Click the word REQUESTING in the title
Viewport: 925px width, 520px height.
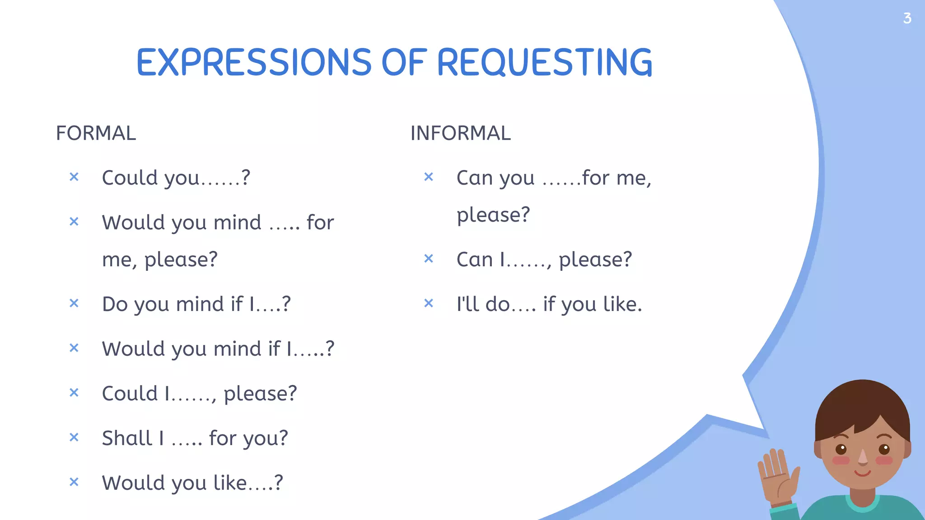tap(544, 62)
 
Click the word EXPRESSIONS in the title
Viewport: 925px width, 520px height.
tap(254, 62)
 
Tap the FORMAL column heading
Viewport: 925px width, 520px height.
tap(96, 133)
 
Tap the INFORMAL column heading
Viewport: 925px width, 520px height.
tap(460, 133)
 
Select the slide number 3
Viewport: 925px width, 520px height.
tap(907, 19)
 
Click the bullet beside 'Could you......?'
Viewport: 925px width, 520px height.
tap(74, 177)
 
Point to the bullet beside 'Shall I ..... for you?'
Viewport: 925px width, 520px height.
tap(74, 437)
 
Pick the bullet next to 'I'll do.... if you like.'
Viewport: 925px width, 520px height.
tap(429, 303)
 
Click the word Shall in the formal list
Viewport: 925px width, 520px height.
tap(126, 438)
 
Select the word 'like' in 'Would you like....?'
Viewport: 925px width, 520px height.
tap(230, 483)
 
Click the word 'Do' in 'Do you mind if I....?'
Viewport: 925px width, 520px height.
tap(115, 304)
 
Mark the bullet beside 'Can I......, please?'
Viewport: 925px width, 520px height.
tap(429, 259)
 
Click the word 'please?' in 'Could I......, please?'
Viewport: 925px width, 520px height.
tap(260, 394)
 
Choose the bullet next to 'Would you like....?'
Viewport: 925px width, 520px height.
tap(74, 482)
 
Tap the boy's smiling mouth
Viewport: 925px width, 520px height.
tap(862, 473)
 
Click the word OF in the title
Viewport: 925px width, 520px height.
tap(404, 62)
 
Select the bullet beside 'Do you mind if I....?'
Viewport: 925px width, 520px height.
tap(74, 303)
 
